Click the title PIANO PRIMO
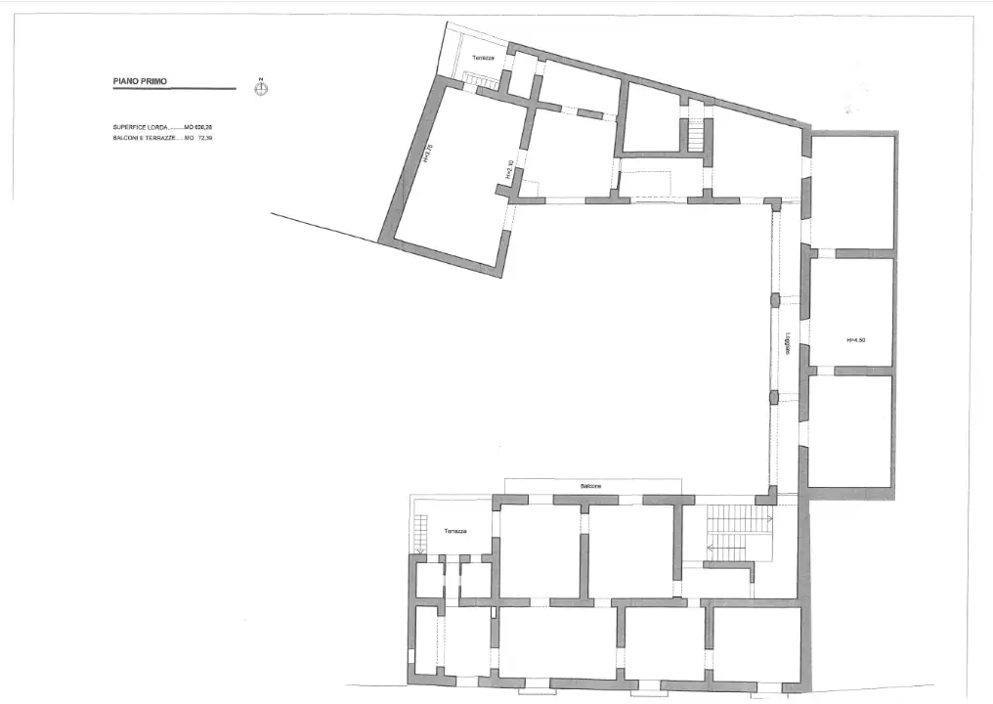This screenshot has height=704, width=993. (x=140, y=82)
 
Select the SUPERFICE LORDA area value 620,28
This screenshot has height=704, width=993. (x=203, y=127)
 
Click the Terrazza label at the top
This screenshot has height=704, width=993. (x=483, y=59)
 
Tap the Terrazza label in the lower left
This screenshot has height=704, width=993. (x=453, y=531)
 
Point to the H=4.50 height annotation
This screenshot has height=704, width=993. (x=856, y=340)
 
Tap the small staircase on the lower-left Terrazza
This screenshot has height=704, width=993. (x=422, y=534)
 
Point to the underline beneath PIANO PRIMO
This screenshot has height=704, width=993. (x=174, y=90)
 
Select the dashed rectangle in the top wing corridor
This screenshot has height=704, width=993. (x=645, y=184)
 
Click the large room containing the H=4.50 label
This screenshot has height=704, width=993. (x=852, y=313)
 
